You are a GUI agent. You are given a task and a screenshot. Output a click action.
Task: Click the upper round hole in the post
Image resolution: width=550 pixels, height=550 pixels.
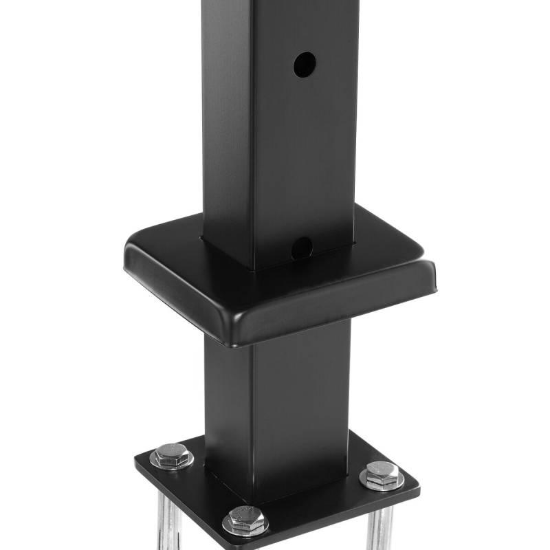pyautogui.click(x=305, y=65)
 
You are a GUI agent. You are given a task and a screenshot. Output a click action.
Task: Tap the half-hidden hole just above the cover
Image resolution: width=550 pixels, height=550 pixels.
pyautogui.click(x=301, y=247)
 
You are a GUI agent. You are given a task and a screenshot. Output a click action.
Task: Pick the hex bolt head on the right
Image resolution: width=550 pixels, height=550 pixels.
pyautogui.click(x=382, y=473)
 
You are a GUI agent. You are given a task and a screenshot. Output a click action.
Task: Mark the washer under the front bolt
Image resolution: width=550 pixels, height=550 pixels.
pyautogui.click(x=245, y=528)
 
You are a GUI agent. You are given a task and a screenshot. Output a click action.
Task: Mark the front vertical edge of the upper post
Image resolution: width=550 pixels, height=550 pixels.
pyautogui.click(x=254, y=137)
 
